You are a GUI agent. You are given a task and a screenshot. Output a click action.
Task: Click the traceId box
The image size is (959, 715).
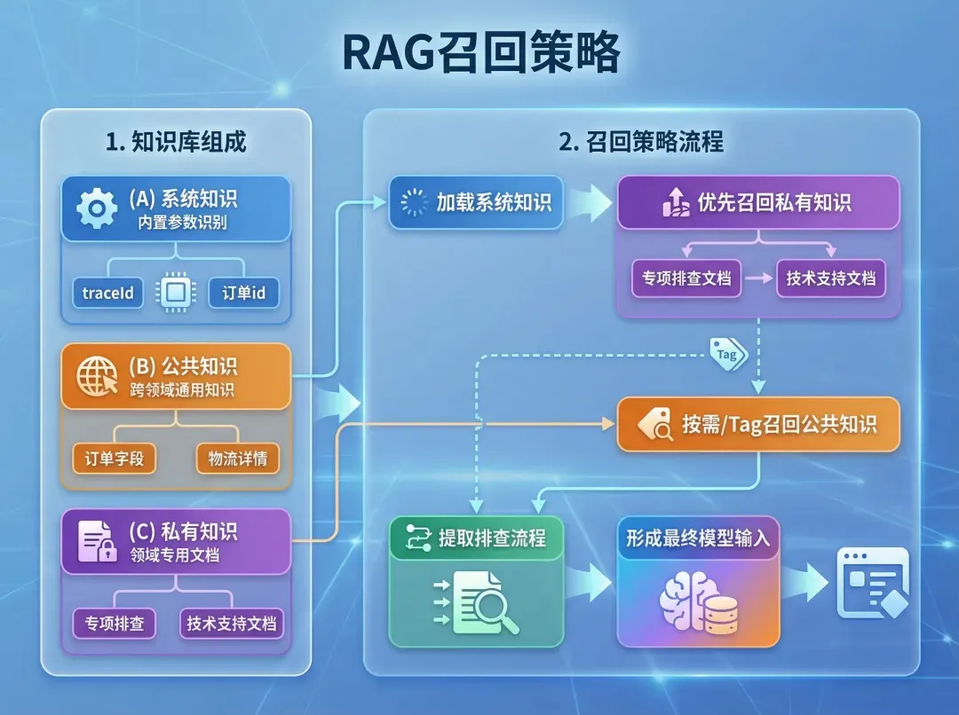107,293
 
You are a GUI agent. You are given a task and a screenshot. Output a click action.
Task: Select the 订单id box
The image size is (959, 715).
243,293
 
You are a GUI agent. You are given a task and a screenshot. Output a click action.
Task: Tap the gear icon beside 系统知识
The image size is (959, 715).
97,209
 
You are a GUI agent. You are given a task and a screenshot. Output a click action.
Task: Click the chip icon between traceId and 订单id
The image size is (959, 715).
175,293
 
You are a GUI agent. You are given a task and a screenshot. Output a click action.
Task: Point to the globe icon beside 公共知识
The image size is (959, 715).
97,376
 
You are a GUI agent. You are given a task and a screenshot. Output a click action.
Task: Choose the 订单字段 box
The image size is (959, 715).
114,459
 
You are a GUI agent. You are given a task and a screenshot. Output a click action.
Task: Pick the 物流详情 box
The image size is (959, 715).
237,459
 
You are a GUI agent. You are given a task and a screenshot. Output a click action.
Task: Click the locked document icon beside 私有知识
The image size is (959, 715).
97,541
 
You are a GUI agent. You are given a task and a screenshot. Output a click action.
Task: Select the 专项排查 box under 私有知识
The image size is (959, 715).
114,623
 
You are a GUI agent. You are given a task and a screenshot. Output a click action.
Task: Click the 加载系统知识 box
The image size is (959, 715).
476,202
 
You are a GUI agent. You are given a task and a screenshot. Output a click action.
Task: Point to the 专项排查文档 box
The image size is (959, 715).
686,278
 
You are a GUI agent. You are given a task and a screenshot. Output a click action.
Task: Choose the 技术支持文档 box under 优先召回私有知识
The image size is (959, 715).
830,278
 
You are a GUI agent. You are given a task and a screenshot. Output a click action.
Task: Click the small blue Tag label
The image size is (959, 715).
727,354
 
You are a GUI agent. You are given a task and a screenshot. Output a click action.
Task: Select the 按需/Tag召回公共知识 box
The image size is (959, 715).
758,424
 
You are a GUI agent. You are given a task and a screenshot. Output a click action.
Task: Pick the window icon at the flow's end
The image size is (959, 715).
873,582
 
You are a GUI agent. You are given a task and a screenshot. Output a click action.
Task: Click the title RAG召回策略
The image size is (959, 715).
480,56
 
